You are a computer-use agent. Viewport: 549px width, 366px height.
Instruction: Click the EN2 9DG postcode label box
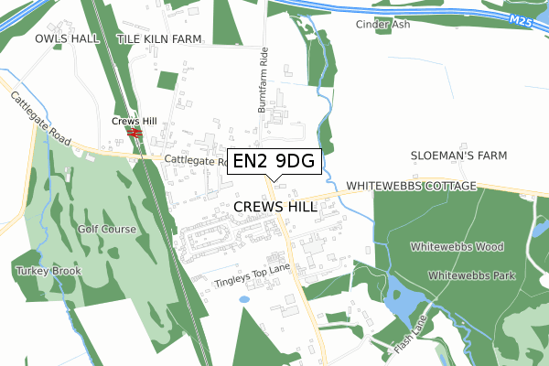click(x=274, y=161)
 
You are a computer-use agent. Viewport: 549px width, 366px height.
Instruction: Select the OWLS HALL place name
click(x=67, y=39)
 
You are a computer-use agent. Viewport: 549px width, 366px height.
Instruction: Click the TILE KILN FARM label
click(x=159, y=39)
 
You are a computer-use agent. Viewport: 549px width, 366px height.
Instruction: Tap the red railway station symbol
click(x=135, y=133)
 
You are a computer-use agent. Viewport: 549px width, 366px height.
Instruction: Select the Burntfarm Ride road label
click(x=263, y=80)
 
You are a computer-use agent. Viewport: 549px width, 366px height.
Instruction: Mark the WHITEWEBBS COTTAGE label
click(x=412, y=186)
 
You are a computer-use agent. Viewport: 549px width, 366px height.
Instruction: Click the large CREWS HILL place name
click(x=275, y=207)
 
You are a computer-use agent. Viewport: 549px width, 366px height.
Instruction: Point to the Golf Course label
click(x=107, y=229)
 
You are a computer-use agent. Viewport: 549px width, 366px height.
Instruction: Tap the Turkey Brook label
click(x=48, y=271)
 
